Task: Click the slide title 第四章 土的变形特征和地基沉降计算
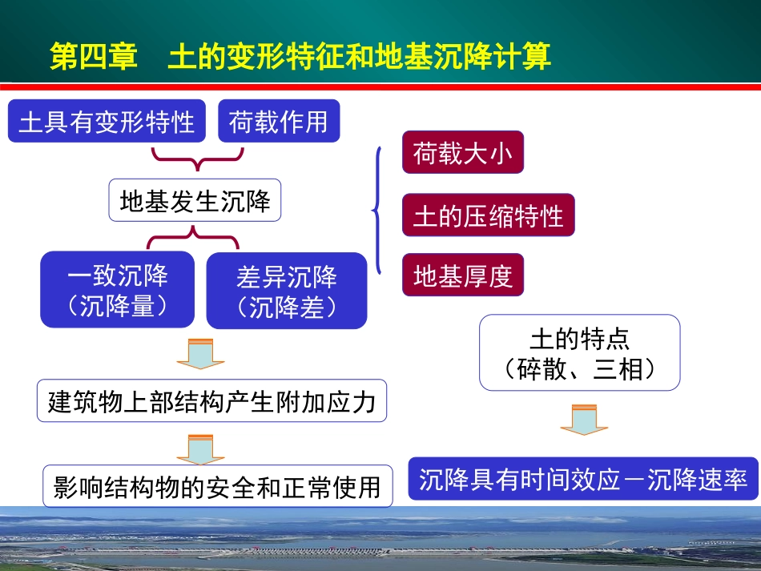tap(300, 58)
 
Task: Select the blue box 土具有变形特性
tap(107, 121)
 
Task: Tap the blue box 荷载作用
tap(278, 121)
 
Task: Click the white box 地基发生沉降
tap(195, 200)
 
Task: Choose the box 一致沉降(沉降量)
tap(117, 290)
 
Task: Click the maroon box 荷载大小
tap(462, 152)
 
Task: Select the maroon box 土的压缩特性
tap(488, 215)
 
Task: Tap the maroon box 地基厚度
tap(462, 275)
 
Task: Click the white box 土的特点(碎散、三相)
tap(579, 352)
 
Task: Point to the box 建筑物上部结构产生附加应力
tap(211, 401)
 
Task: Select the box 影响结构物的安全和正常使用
tap(217, 486)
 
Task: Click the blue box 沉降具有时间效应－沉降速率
tap(582, 479)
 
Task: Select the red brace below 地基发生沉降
tap(192, 237)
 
